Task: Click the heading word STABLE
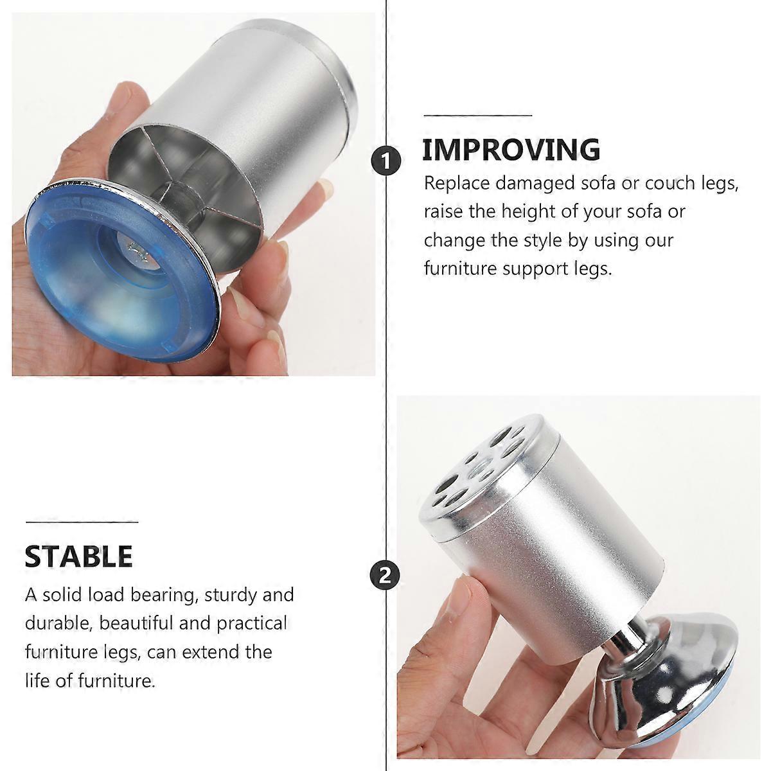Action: [78, 556]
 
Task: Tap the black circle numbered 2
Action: [385, 576]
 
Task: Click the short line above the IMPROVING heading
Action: [478, 115]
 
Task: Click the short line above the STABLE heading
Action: [82, 522]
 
